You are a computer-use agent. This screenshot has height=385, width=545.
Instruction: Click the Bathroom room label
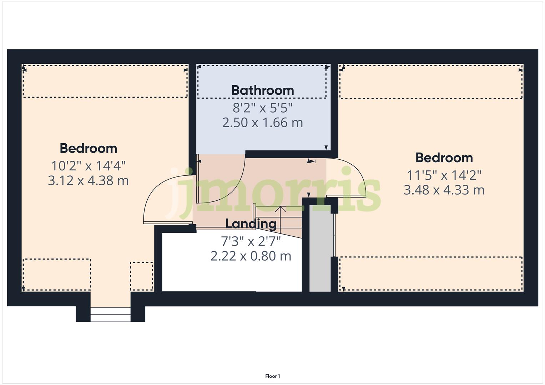(262, 90)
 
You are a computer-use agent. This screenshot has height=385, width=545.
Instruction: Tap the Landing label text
(251, 224)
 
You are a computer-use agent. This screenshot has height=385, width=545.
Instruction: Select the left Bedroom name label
(88, 148)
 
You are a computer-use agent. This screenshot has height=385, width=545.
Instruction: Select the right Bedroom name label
(444, 158)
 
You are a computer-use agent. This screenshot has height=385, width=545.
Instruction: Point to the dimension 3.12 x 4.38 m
(88, 181)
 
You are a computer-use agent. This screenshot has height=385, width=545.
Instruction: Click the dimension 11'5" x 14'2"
(444, 175)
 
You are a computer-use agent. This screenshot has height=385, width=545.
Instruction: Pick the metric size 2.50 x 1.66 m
(262, 123)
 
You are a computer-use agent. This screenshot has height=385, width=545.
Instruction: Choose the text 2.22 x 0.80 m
(251, 256)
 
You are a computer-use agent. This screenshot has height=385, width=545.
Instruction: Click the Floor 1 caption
(273, 376)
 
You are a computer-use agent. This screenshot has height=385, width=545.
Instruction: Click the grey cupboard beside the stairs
(320, 250)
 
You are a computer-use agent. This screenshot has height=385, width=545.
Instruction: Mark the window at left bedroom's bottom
(110, 314)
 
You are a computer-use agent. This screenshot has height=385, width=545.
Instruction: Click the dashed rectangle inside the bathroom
(262, 82)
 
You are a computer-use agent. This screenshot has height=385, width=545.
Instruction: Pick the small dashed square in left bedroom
(142, 276)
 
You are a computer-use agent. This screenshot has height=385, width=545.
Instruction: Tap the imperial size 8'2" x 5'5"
(262, 107)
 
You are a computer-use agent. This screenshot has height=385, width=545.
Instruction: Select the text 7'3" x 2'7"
(251, 241)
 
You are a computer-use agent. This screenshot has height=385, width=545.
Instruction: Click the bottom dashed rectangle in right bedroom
(431, 274)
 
